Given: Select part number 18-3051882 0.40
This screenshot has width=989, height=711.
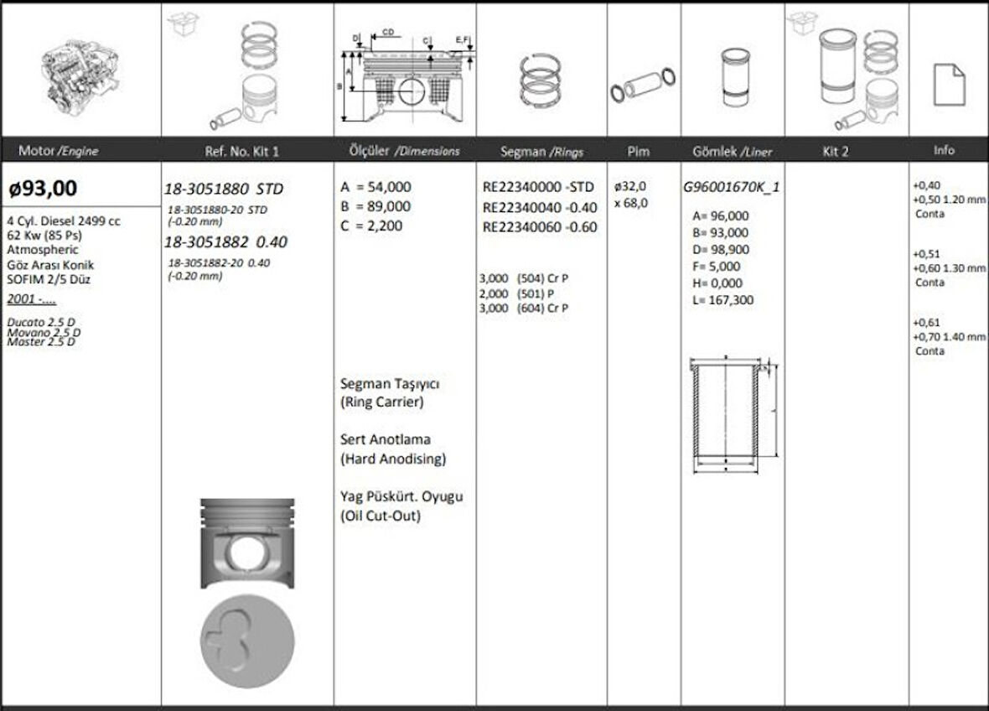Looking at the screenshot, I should coord(226,241).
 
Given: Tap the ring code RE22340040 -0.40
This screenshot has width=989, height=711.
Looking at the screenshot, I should coord(540,207).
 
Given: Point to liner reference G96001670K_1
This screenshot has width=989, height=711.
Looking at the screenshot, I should coord(731,187).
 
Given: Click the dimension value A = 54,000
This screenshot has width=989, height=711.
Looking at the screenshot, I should coord(375,187).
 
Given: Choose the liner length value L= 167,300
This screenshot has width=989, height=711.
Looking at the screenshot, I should coord(720,299).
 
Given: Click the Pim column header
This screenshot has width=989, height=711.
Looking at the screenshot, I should coord(639,151).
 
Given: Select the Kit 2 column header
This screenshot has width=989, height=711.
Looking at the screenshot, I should coord(836,151).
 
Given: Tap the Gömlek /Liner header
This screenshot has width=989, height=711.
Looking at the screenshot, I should coord(733,152).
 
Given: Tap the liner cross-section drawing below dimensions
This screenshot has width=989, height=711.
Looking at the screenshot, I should coord(728,417).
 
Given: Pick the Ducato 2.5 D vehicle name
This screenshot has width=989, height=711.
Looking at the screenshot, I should coord(41,322).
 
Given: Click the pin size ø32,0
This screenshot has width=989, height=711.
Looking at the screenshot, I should coord(630,187).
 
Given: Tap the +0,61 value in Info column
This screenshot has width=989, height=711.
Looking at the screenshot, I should coord(926,322).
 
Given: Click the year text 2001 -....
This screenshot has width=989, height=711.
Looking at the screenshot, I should coord(31,299).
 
